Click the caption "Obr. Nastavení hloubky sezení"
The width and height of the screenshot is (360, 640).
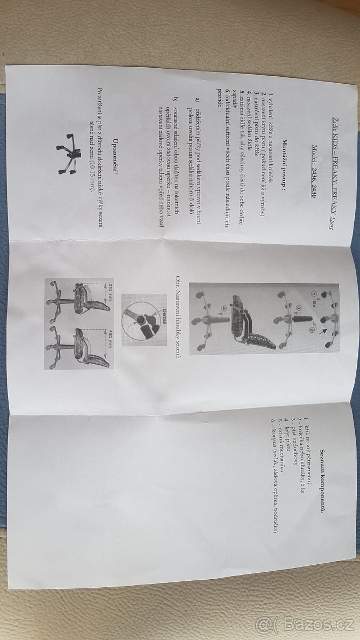(178, 315)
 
